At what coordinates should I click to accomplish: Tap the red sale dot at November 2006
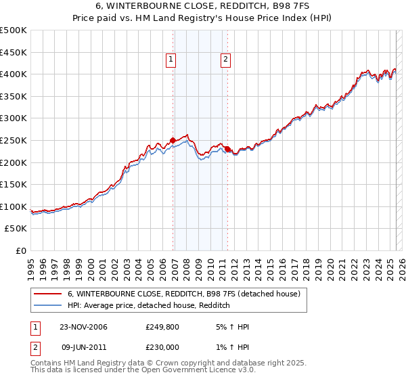pos(173,141)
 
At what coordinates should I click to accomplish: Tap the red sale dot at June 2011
pos(227,149)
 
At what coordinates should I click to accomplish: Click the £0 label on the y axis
pos(20,250)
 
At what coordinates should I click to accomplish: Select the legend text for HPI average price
pos(149,306)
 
